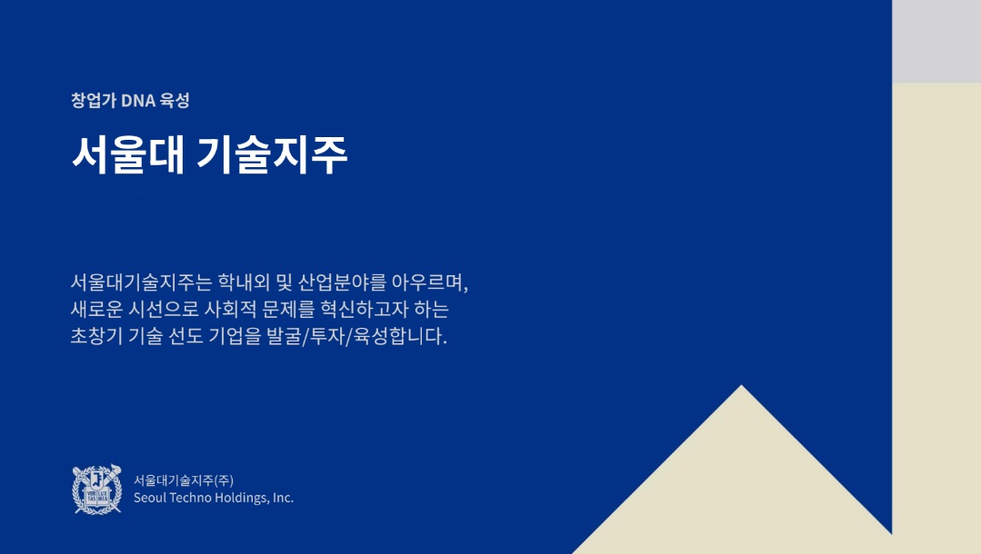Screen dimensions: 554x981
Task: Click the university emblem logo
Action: coord(96,490)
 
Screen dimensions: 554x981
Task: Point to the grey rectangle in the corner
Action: coord(936,41)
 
